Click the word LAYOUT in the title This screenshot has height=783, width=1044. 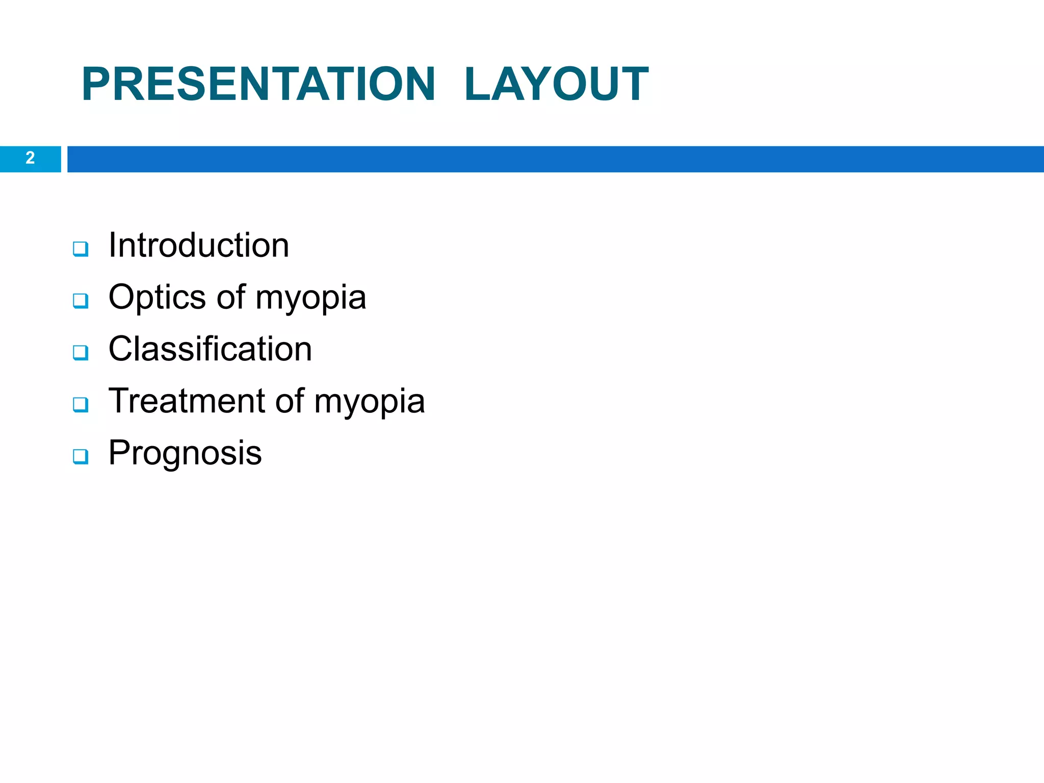tap(556, 84)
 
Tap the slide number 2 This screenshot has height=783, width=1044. tap(30, 158)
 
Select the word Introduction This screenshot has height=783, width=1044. tap(199, 246)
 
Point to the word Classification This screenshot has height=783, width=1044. tap(210, 349)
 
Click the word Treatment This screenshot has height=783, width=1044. tap(187, 401)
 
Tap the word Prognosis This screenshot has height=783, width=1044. tap(185, 453)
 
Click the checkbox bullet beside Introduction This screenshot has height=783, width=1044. tap(81, 249)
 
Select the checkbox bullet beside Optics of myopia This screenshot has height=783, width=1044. tap(81, 301)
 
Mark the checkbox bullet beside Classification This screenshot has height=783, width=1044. tap(81, 352)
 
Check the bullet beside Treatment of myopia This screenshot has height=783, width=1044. tap(81, 404)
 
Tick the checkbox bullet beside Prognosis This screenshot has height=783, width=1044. tap(81, 456)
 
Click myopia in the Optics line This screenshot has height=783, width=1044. tap(310, 299)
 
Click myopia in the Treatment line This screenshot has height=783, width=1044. tap(369, 402)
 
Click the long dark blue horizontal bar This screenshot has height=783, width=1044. tap(556, 159)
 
